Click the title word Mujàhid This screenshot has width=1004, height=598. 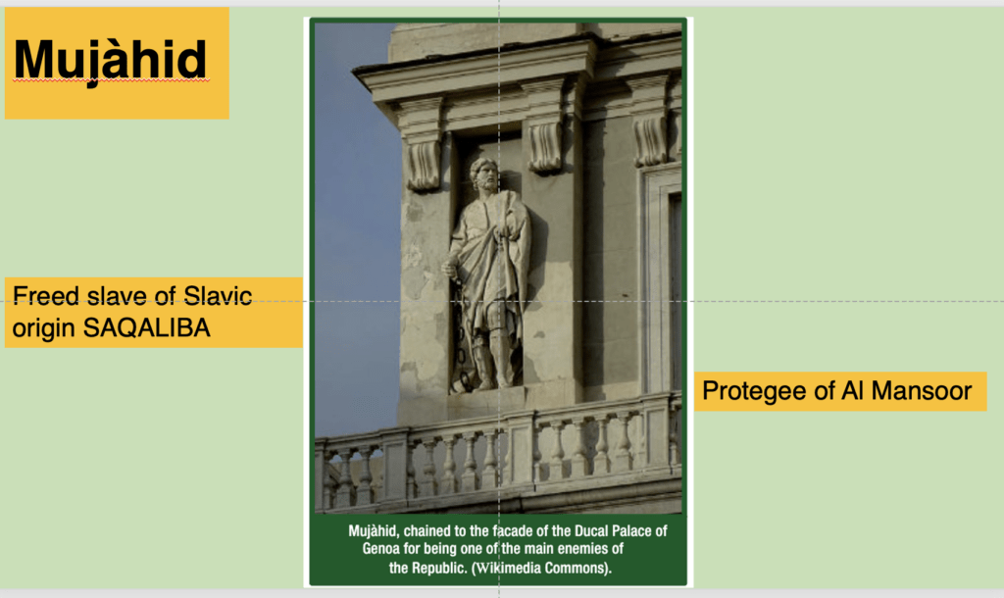coord(110,61)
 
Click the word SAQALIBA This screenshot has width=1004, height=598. coord(147,327)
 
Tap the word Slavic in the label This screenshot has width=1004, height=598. coord(218,296)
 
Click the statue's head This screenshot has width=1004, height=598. coord(484,174)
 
